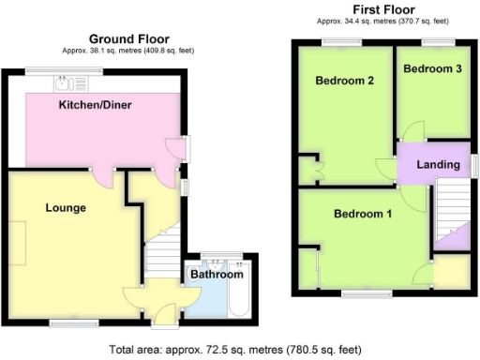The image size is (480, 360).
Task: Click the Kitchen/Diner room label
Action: click(94, 104)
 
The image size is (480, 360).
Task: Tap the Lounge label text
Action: click(66, 207)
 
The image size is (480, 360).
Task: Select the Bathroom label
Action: click(217, 275)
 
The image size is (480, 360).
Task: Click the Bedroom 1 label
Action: click(364, 214)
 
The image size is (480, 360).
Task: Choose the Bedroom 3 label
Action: click(432, 68)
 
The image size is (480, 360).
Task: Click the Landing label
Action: click(439, 165)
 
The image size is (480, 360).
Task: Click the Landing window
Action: click(472, 165)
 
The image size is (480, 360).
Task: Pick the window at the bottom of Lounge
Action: click(62, 323)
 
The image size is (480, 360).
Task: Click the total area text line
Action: click(235, 349)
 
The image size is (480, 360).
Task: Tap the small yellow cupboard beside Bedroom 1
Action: click(453, 273)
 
